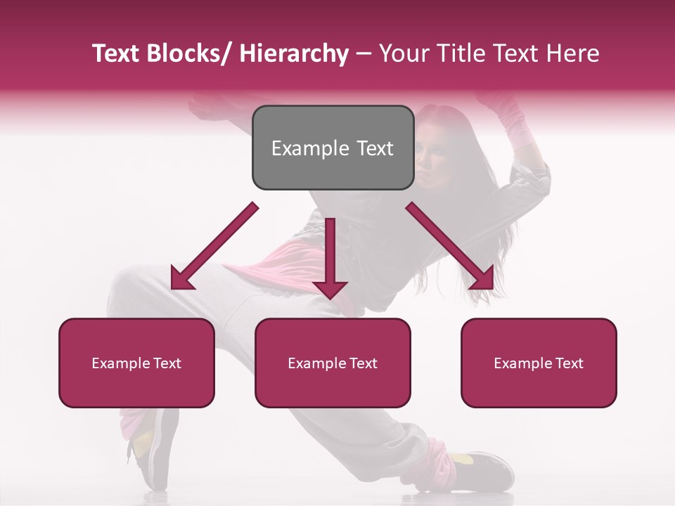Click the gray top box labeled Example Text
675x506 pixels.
pos(333,148)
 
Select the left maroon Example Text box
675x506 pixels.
pos(136,363)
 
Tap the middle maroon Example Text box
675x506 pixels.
pos(333,363)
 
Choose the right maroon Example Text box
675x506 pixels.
pos(539,363)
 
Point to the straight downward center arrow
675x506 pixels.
pos(330,253)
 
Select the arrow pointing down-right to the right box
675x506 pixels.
pos(450,247)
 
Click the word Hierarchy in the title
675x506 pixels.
pos(294,54)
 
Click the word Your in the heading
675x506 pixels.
pos(402,54)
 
